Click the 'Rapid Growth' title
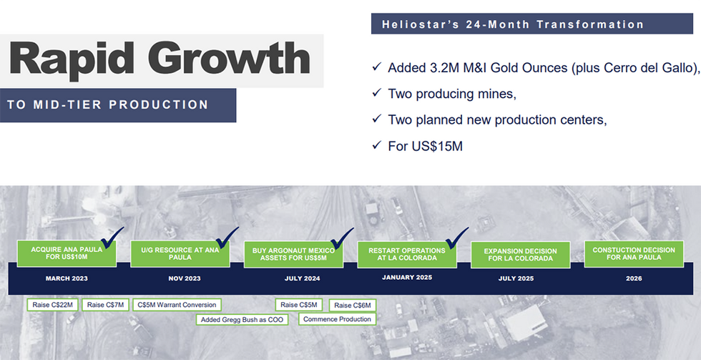coord(160,59)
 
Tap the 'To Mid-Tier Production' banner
coord(118,105)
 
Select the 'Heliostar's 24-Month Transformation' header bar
coord(532,24)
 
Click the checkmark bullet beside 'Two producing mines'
coord(376,93)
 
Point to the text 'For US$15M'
coord(425,146)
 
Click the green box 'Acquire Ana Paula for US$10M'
coord(67,253)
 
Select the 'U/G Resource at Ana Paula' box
coord(180,253)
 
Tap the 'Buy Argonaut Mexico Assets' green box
coord(294,255)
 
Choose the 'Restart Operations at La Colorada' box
coord(407,255)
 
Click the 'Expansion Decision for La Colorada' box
coord(521,255)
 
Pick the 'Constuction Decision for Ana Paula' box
coord(634,253)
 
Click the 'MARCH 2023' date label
coord(67,278)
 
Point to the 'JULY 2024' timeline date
coord(302,278)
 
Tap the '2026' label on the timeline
coord(634,278)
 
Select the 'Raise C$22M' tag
coord(53,305)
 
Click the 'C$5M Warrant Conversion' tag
coord(177,305)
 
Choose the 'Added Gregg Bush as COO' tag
coord(242,320)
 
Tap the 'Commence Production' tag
coord(337,319)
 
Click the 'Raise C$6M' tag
coord(353,306)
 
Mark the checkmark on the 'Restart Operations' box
coord(456,238)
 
